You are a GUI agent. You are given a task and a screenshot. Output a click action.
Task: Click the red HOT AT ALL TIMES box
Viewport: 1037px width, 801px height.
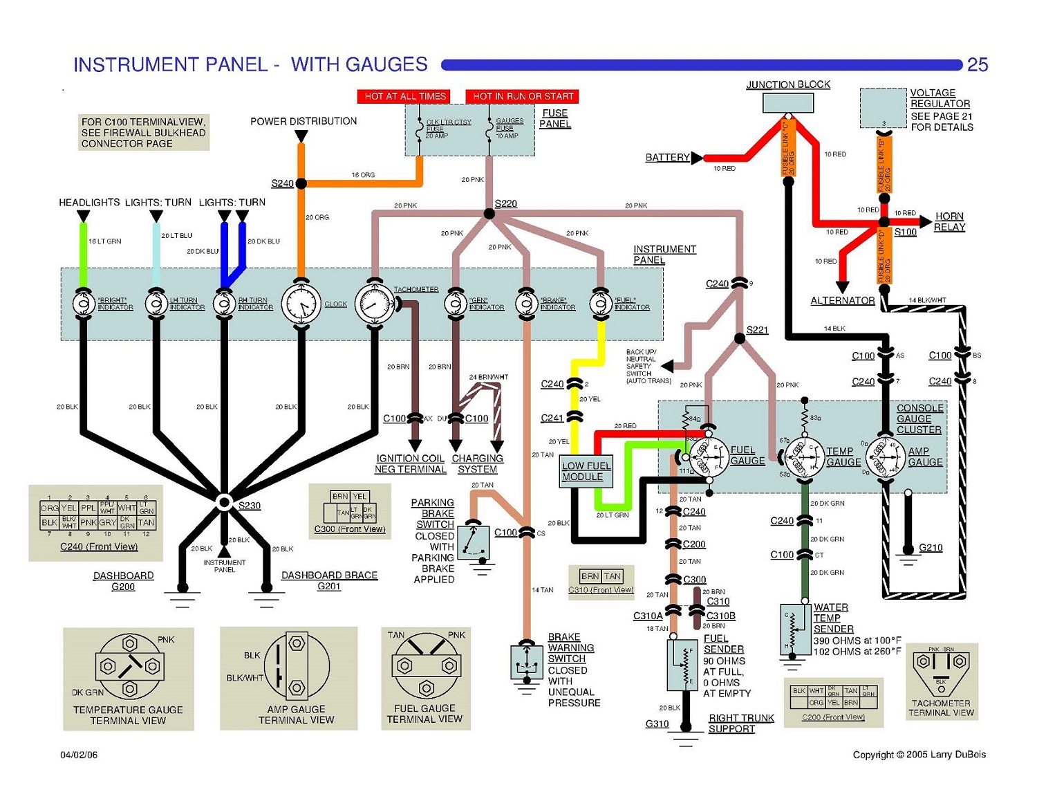tap(404, 96)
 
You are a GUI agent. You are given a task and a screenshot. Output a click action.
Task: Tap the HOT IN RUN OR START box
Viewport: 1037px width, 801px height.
tap(523, 96)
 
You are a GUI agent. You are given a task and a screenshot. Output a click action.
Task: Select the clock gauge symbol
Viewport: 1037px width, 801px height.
tap(301, 303)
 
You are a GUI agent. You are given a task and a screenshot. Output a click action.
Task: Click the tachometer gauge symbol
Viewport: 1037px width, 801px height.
tap(375, 303)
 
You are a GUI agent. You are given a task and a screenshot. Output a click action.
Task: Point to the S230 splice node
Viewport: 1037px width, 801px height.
tap(224, 502)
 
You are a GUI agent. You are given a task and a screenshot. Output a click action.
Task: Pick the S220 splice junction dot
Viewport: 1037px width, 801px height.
tap(489, 214)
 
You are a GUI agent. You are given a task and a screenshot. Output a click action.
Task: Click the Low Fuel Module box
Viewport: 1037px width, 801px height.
tap(586, 472)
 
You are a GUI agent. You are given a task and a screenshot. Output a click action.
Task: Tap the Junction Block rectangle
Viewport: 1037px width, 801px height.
tap(787, 103)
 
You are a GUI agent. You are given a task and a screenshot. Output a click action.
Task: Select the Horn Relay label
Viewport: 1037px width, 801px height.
tap(949, 221)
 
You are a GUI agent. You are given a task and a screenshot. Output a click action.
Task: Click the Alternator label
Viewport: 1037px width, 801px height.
tap(842, 301)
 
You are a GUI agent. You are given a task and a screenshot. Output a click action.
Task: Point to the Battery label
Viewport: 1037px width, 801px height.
tap(667, 158)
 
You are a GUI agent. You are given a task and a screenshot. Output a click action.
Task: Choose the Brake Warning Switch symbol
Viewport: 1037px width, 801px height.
tap(527, 663)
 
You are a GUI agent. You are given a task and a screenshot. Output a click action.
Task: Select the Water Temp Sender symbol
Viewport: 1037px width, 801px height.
tap(796, 629)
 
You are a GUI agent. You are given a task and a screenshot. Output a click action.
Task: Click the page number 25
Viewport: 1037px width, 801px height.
tap(977, 64)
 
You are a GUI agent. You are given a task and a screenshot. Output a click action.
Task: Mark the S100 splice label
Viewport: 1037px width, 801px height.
tap(905, 232)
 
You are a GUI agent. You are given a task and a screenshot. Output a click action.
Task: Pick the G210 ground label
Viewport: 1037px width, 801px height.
tap(931, 548)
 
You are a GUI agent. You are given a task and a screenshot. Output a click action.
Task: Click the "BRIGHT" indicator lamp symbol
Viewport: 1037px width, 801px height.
tap(83, 303)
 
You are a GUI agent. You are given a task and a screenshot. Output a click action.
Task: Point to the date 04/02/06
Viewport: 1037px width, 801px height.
tap(79, 755)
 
